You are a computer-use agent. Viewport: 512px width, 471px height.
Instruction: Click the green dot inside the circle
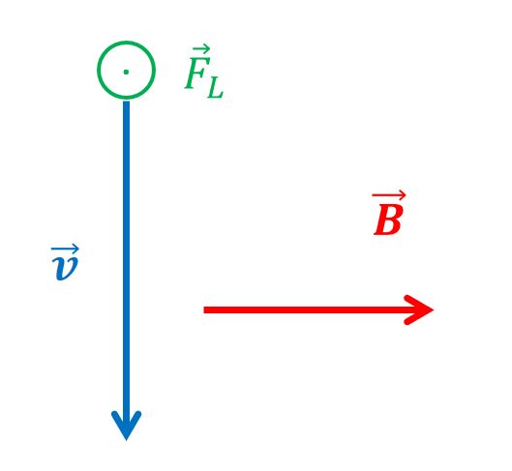point(126,73)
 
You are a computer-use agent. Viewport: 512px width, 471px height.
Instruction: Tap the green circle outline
point(98,70)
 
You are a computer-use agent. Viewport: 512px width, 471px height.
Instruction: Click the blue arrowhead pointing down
point(126,425)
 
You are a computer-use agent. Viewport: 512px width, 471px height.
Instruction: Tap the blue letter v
point(65,268)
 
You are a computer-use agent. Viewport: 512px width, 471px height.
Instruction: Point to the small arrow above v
point(65,250)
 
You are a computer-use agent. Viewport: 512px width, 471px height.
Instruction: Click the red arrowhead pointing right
point(419,309)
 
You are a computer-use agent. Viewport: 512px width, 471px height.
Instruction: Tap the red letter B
point(387,221)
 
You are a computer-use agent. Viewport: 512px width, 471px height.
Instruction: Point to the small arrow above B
point(388,195)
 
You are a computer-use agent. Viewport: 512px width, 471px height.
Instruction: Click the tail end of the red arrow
point(204,309)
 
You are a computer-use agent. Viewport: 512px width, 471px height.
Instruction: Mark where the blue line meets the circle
point(126,100)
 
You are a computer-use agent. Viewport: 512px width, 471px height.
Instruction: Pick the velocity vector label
point(65,262)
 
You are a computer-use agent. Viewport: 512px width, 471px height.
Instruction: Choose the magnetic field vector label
point(389,213)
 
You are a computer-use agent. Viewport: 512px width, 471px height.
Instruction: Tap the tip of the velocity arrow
point(126,440)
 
